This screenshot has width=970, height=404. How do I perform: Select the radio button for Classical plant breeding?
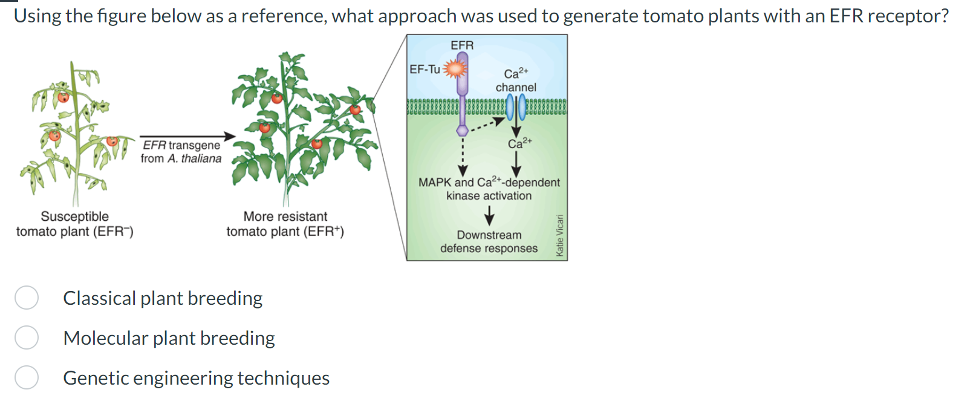point(27,298)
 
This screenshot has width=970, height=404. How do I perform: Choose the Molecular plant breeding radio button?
point(27,337)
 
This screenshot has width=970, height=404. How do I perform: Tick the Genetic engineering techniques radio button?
point(27,377)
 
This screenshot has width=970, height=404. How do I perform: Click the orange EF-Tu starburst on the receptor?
point(455,69)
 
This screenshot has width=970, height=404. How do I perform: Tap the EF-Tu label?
point(425,70)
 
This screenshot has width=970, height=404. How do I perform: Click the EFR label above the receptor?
point(462,45)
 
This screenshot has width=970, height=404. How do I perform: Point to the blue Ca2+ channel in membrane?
point(516,108)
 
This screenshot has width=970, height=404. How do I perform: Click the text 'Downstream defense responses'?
point(489,242)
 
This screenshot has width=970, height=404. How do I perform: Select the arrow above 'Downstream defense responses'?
point(489,215)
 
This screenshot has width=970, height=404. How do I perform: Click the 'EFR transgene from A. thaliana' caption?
point(181,152)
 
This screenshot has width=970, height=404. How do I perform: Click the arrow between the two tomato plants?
point(187,137)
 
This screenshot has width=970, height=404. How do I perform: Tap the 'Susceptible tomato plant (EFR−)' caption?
point(75,224)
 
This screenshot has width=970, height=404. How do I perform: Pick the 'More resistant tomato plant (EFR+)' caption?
point(285,224)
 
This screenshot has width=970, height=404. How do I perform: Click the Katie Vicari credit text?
point(559,235)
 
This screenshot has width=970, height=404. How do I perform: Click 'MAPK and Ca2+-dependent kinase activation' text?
point(489,189)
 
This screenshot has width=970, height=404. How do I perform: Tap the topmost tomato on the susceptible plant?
point(63,96)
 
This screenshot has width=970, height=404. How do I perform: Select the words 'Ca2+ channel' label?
point(515,81)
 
